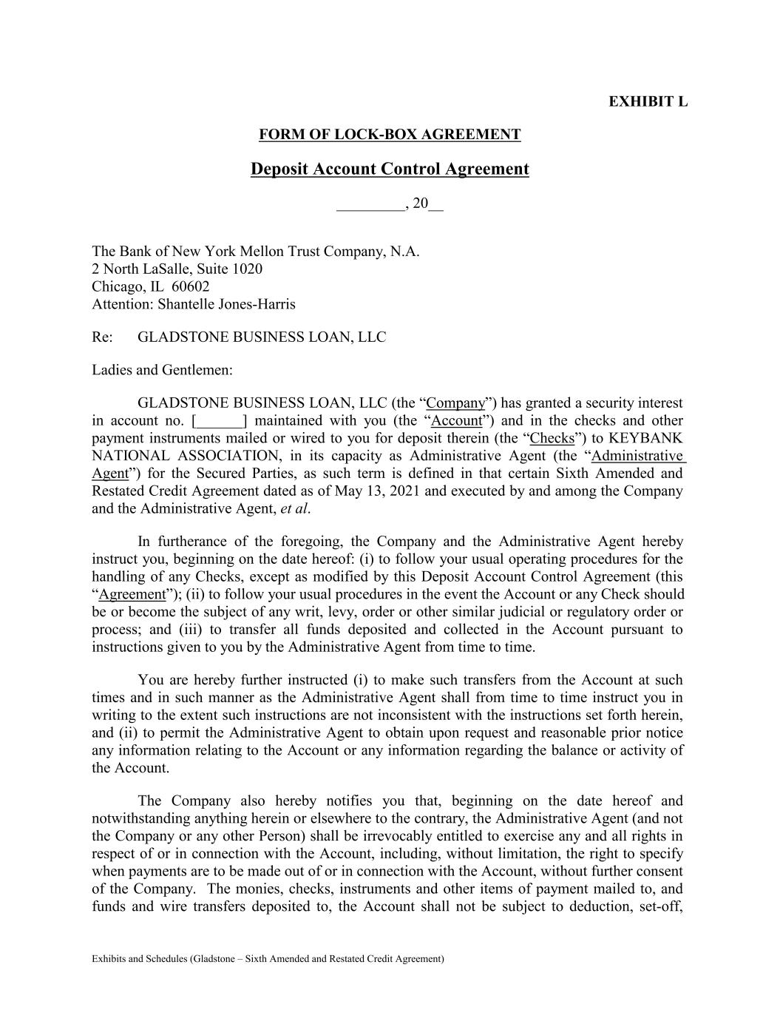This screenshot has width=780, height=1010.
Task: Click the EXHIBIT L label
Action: click(x=648, y=101)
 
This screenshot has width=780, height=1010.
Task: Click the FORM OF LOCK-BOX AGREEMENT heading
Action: click(x=390, y=135)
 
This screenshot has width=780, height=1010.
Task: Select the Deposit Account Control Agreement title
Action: click(x=390, y=169)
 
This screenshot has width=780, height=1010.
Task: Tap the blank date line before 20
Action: click(x=370, y=203)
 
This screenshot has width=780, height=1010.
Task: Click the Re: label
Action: click(x=102, y=337)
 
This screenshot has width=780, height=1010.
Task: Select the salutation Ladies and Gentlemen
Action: click(x=162, y=370)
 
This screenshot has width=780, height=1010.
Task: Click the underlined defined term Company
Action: click(x=456, y=403)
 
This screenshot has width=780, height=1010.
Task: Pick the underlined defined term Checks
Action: click(x=552, y=439)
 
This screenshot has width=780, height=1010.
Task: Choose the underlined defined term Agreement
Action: click(x=132, y=595)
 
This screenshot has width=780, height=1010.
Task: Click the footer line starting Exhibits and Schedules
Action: click(x=268, y=959)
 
